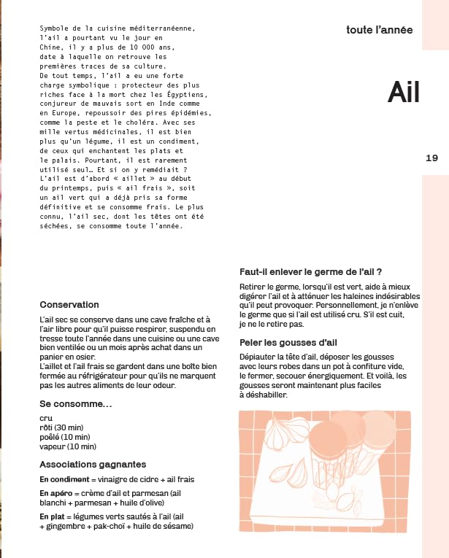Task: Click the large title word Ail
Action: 404,91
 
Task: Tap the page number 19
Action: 431,158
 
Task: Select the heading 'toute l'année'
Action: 380,31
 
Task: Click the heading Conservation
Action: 69,304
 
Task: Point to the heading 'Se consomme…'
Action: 75,403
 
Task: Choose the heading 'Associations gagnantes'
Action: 93,464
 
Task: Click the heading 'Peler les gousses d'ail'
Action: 288,343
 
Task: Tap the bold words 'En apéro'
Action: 56,494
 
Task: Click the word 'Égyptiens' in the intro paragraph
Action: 185,94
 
